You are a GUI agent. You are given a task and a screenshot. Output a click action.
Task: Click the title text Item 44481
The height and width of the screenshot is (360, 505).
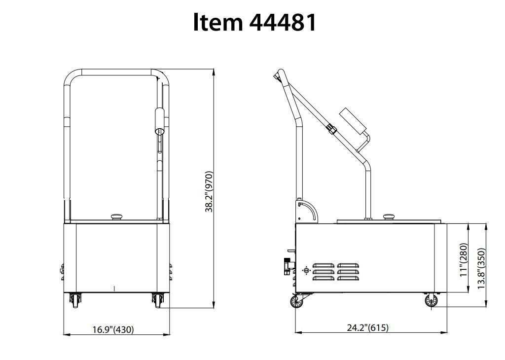254,23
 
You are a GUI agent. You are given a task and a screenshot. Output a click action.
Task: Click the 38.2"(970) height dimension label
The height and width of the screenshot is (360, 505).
209,192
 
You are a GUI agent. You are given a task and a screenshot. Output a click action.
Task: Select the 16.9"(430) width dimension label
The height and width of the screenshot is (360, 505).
113,329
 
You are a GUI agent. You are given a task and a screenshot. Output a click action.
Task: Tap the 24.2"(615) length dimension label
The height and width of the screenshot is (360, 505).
367,327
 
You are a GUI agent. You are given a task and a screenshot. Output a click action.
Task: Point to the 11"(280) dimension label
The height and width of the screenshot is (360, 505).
464,260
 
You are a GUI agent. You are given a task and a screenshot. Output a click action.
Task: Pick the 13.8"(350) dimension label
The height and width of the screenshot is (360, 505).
481,268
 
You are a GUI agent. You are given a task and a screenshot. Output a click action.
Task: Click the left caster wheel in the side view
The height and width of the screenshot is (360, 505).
296,301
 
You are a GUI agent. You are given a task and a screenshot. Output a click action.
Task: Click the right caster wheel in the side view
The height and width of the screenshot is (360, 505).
431,301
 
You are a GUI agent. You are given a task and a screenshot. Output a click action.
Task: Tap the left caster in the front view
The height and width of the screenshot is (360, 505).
75,300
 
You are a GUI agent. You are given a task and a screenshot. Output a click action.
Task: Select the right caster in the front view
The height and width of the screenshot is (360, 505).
158,300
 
